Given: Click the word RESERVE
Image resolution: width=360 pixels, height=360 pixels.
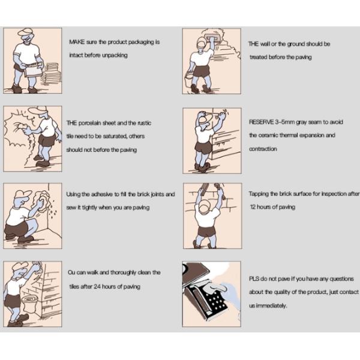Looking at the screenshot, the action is point(261,122).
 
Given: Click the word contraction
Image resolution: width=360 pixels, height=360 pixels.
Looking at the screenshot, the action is point(263,149).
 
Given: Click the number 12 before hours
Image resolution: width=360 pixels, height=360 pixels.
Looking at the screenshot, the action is point(253,207).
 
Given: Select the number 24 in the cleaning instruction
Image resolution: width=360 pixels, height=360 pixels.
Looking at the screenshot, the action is point(97,286).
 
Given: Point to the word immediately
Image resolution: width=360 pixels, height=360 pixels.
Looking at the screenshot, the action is point(272,305).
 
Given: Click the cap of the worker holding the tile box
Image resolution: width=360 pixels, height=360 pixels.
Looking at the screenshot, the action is point(26,32).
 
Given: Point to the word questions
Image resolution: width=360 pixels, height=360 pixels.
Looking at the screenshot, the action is point(341,279).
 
